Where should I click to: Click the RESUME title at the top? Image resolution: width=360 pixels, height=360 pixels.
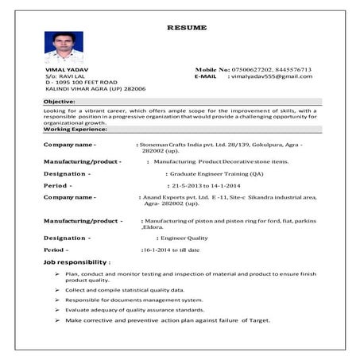187,28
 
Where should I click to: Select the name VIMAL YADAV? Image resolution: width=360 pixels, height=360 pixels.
64,70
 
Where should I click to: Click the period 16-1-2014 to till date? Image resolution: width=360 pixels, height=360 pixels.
170,250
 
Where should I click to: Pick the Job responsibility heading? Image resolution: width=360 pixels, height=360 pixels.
77,261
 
